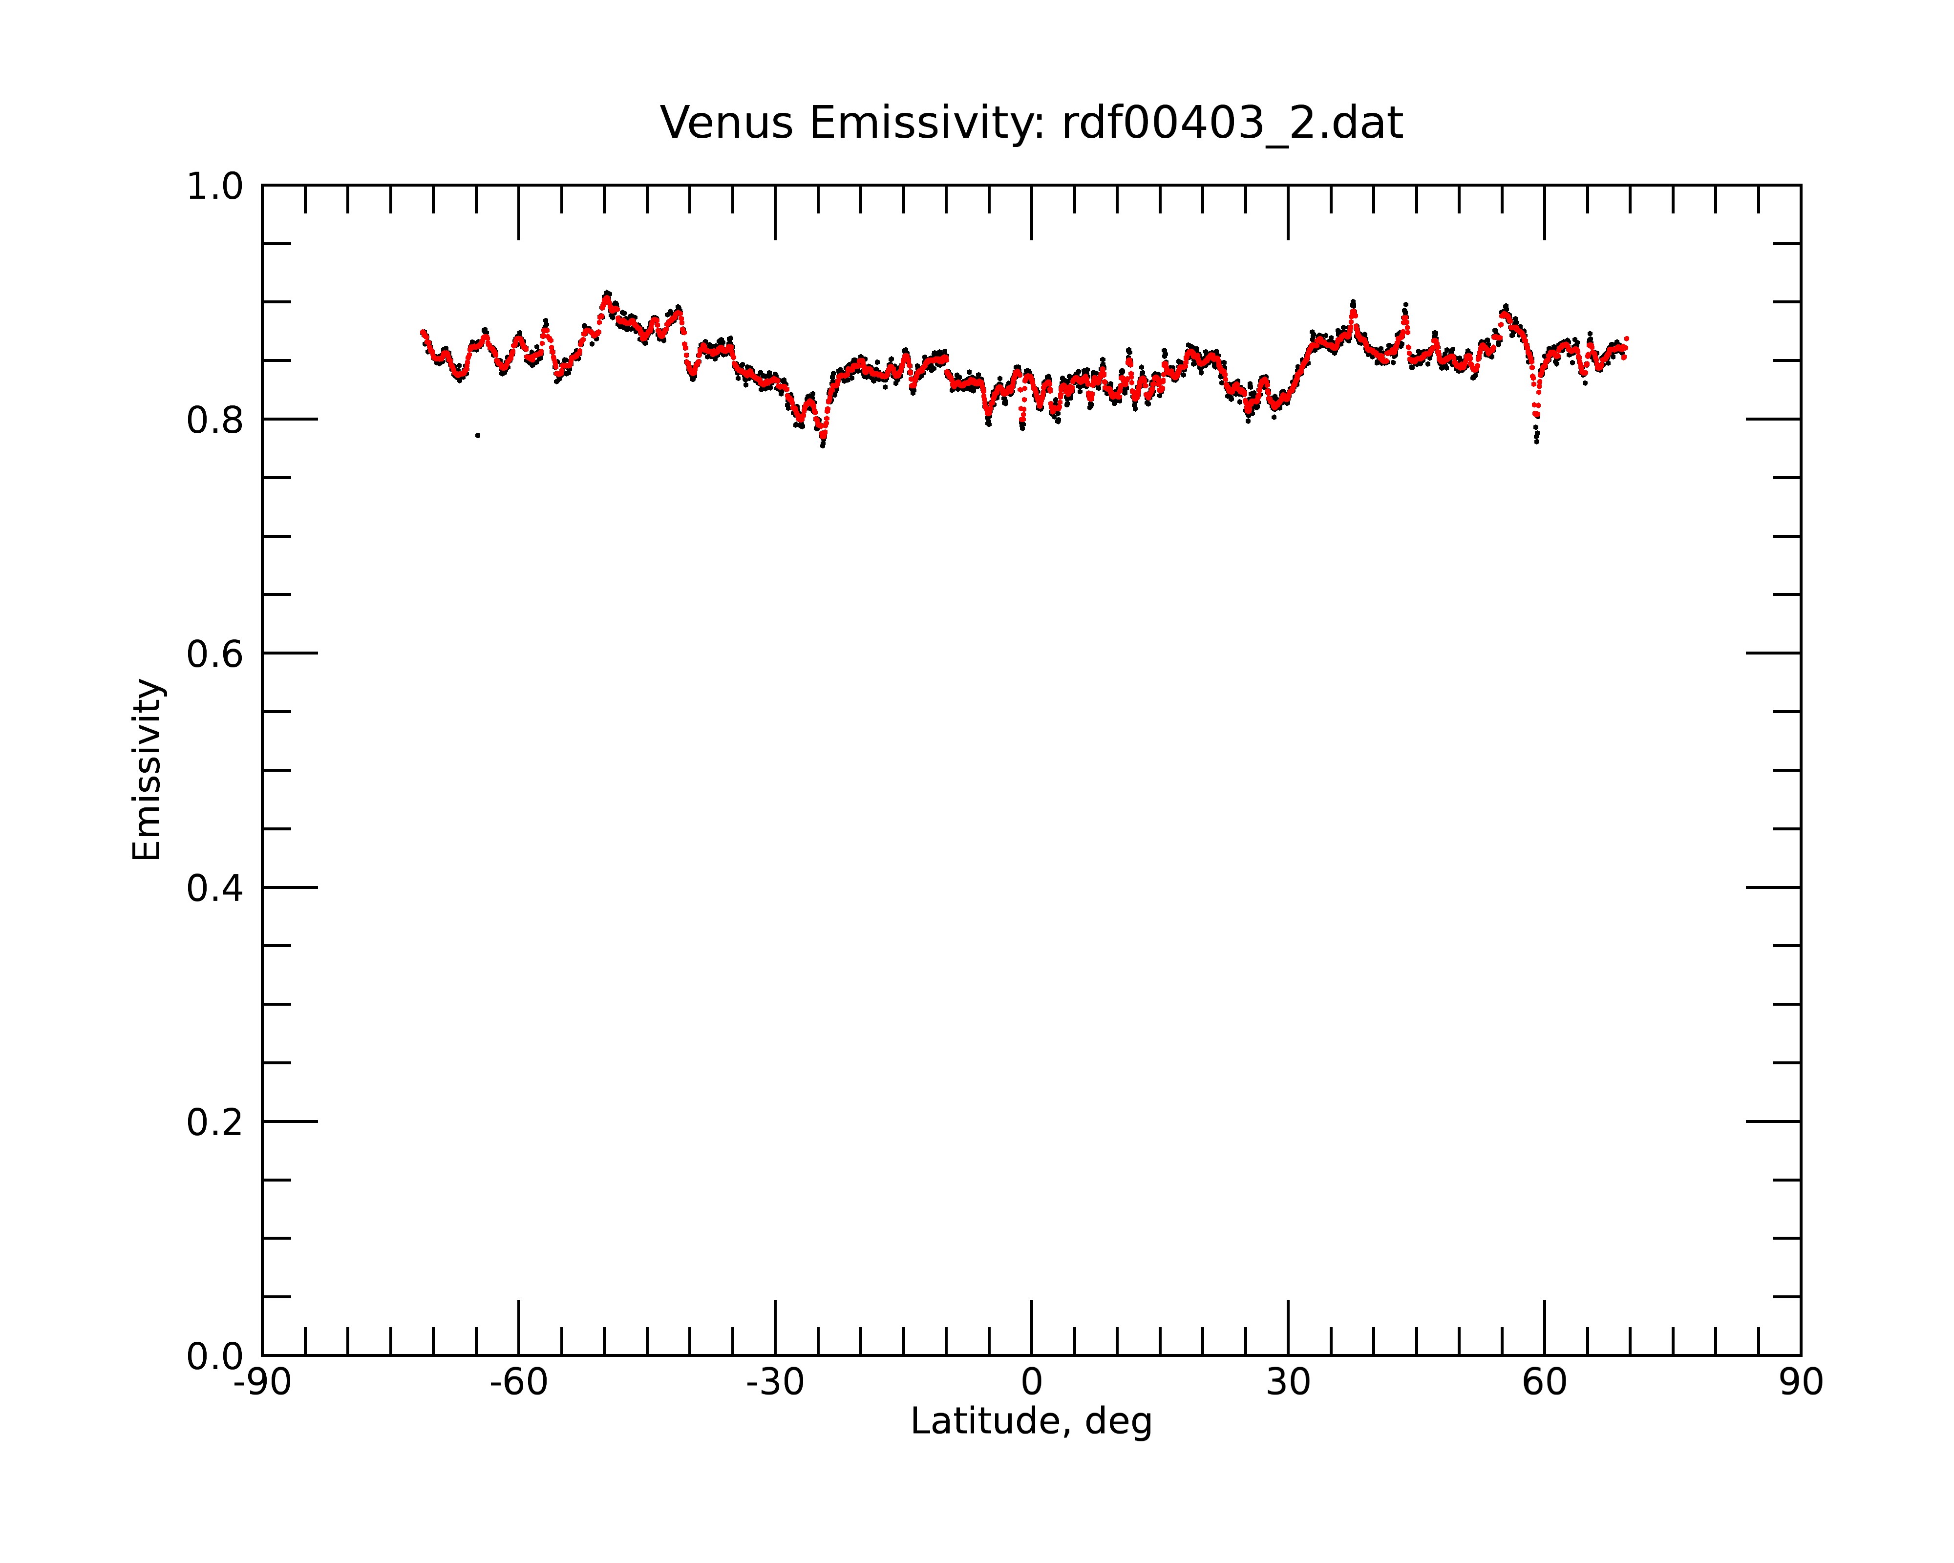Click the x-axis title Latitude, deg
tap(1031, 1422)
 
